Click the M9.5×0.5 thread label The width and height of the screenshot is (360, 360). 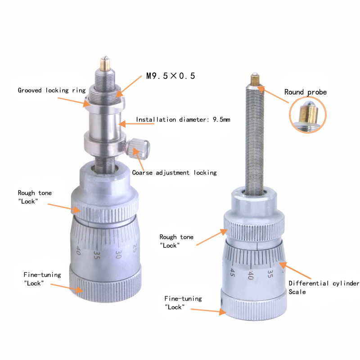click(171, 76)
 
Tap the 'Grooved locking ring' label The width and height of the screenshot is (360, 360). click(51, 90)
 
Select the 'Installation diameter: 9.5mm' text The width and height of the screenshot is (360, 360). click(183, 120)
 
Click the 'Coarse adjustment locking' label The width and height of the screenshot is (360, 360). click(174, 172)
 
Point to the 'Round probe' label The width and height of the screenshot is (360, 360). click(306, 92)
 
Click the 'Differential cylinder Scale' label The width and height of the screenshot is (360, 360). click(324, 288)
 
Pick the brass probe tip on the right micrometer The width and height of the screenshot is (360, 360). click(255, 81)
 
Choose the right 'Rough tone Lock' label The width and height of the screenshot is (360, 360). click(176, 241)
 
